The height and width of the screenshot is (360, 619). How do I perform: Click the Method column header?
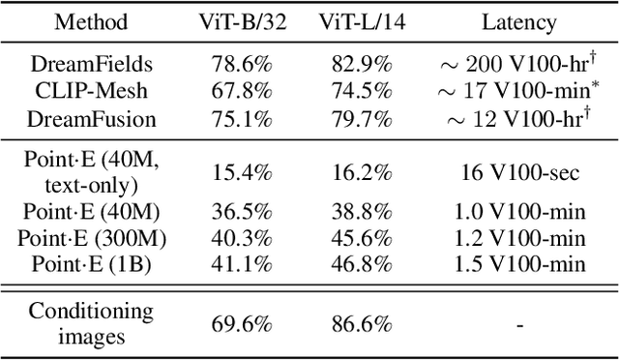(91, 20)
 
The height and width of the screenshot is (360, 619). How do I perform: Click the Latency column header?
(518, 20)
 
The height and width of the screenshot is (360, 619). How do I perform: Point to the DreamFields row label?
(91, 65)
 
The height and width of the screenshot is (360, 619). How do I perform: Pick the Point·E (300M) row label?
(91, 237)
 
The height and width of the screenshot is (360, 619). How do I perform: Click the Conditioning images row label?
(91, 323)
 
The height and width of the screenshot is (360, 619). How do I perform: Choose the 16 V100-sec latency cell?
(518, 172)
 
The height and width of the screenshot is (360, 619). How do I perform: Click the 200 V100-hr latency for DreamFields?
(518, 65)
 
